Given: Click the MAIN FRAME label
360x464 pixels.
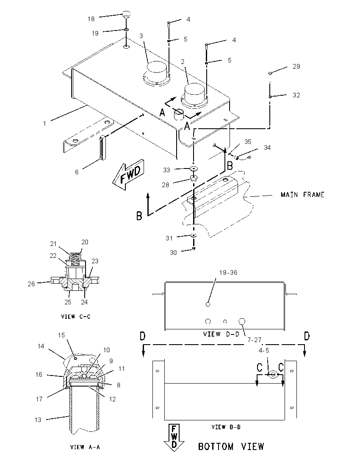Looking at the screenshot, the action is [x=302, y=195].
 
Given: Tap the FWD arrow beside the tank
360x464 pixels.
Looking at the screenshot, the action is [x=128, y=175].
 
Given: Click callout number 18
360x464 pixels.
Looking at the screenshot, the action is [x=91, y=19].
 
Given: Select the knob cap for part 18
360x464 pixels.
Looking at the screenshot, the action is [x=126, y=15].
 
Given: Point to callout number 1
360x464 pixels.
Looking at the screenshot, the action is [x=44, y=123].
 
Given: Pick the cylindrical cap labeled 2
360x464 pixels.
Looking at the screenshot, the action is [x=194, y=94].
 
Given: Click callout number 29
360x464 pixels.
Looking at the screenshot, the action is [x=296, y=66].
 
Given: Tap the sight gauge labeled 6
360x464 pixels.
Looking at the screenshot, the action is [x=102, y=147].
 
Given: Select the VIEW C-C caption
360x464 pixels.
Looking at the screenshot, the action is [x=76, y=317].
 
